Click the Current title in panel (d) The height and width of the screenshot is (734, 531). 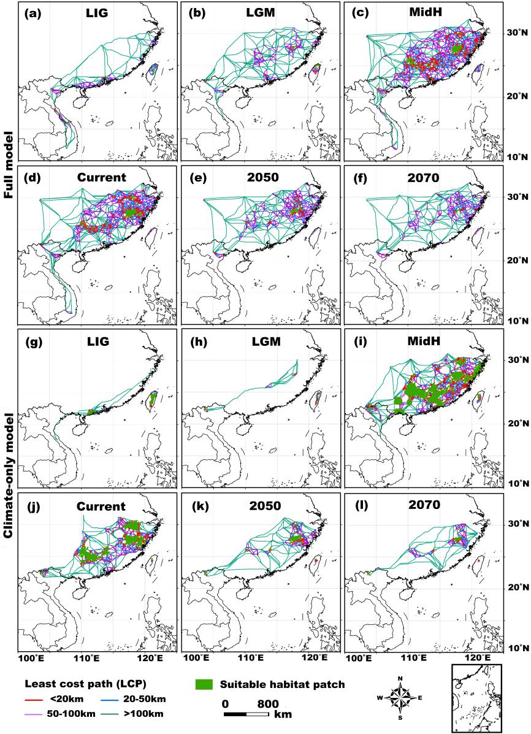(x=101, y=177)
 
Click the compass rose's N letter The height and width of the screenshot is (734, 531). (x=400, y=678)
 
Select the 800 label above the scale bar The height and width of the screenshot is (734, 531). (x=267, y=703)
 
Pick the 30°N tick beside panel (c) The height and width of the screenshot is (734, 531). (x=516, y=33)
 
